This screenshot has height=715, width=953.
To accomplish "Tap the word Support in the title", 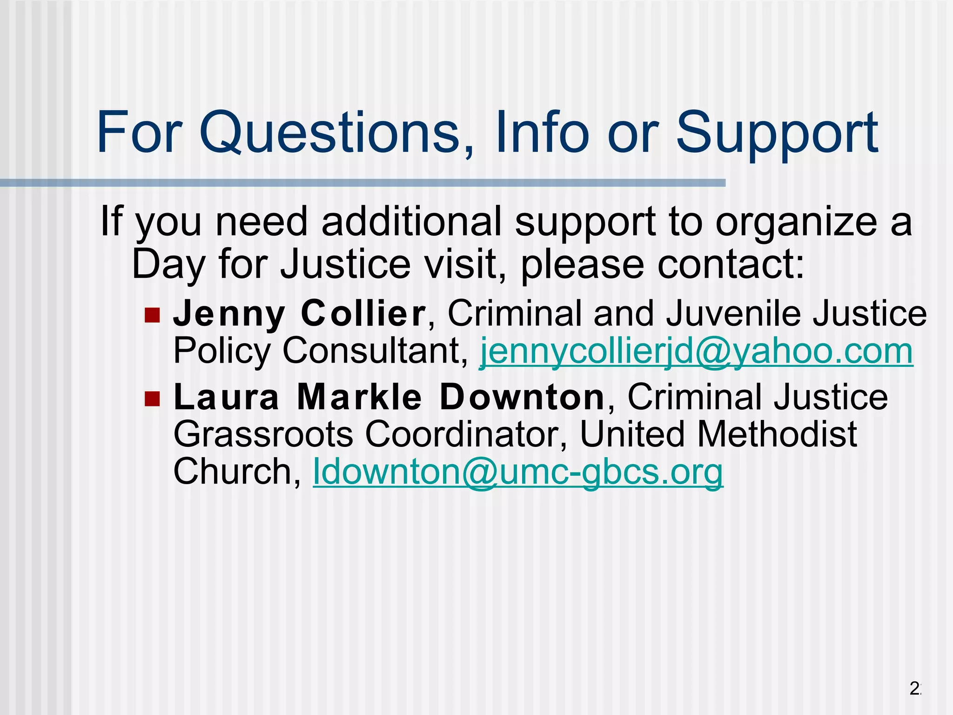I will coord(776,134).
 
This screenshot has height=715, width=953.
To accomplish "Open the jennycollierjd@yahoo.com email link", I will coord(696,351).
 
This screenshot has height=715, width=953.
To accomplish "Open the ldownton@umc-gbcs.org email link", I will coord(518,472).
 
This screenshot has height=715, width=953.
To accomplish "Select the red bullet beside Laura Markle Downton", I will coord(152,399).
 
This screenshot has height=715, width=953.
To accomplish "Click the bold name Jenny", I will coord(229,314).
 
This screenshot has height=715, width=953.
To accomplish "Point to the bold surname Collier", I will coord(363,313).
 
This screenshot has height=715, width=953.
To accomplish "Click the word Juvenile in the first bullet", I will coord(733,313).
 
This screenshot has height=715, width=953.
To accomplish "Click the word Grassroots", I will coord(263,434).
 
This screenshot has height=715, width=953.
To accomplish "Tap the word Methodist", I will coord(777,434).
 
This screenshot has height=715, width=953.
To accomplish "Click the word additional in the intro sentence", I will coord(412,222).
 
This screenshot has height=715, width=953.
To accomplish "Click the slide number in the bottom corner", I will coord(915,688).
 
